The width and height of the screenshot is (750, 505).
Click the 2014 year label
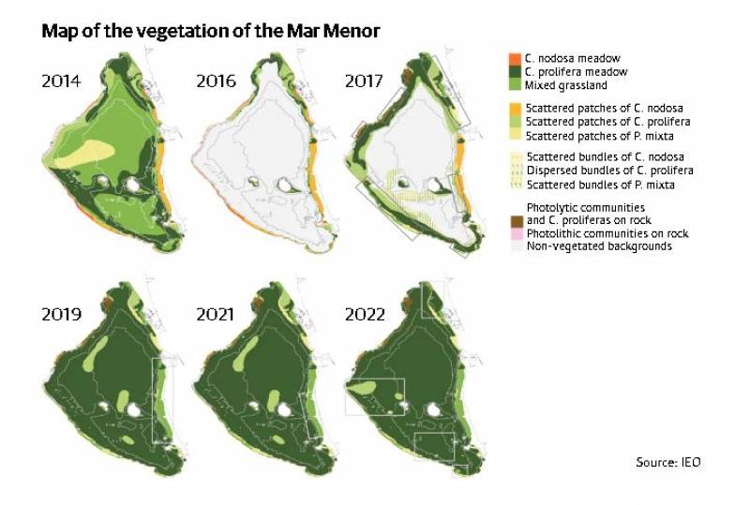(x=61, y=81)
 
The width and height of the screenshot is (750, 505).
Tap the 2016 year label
(x=216, y=81)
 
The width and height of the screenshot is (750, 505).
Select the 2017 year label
(x=365, y=81)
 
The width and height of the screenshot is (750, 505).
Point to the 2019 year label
(x=61, y=314)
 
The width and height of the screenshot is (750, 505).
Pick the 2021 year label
(x=216, y=314)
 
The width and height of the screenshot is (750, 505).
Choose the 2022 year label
(x=365, y=314)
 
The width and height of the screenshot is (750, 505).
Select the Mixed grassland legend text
(x=565, y=85)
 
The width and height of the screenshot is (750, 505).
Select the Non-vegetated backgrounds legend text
(x=599, y=245)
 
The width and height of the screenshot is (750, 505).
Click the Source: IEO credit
(x=667, y=462)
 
